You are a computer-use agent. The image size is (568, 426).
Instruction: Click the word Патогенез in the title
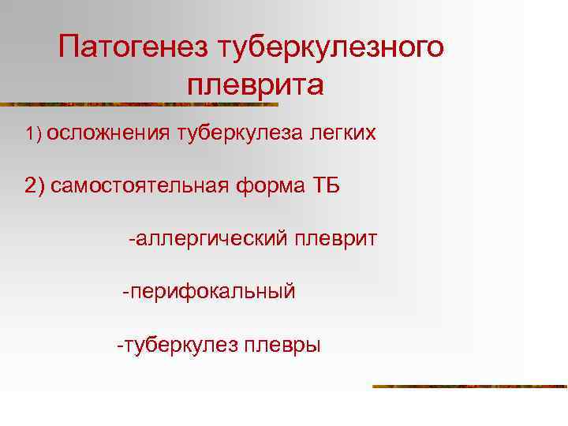pos(132,47)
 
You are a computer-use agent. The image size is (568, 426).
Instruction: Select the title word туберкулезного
pos(331,47)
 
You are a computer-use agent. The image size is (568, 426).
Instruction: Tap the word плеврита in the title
pos(256,83)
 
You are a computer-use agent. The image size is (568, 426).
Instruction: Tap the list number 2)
pos(35,186)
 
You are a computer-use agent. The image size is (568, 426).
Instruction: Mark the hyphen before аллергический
pos(132,238)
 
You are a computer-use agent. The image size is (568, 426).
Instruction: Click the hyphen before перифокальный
pos(125,292)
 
